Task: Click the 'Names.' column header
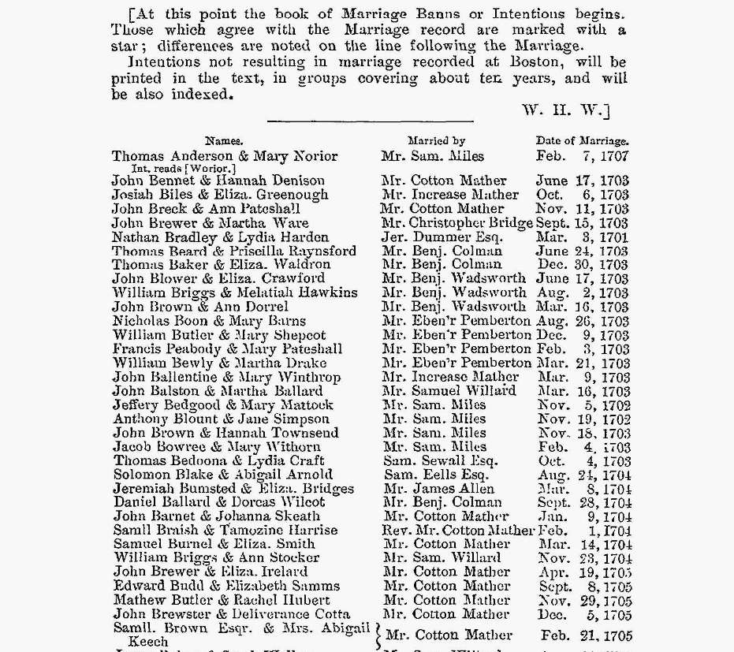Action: pyautogui.click(x=224, y=142)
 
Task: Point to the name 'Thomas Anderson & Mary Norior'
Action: pyautogui.click(x=225, y=156)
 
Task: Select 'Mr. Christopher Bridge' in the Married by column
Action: pyautogui.click(x=456, y=223)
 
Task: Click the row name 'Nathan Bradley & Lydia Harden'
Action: pyautogui.click(x=220, y=237)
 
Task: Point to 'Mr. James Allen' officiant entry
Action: pyautogui.click(x=438, y=489)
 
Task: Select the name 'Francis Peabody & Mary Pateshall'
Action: pyautogui.click(x=227, y=349)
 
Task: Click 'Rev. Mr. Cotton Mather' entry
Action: pyautogui.click(x=458, y=531)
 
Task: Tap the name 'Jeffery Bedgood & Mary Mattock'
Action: pyautogui.click(x=223, y=405)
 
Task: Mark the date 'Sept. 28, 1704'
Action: pyautogui.click(x=583, y=503)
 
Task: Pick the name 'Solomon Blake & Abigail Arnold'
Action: pyautogui.click(x=223, y=475)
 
